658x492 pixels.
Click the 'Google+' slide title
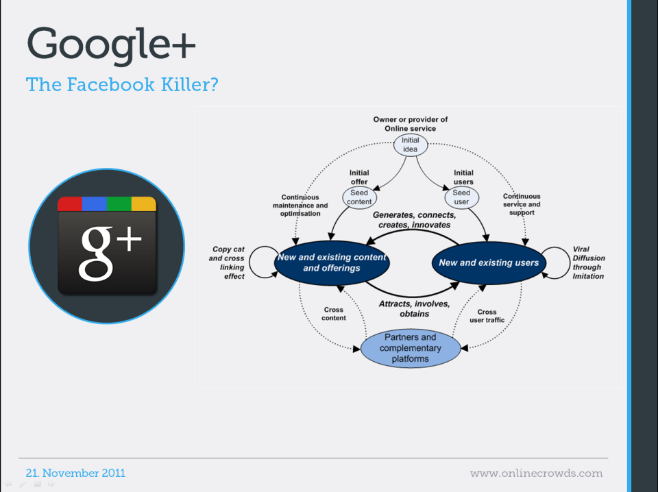111,45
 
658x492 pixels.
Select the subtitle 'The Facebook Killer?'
122,84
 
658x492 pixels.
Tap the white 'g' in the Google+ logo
96,254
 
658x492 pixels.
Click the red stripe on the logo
70,204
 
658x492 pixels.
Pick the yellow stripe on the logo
144,204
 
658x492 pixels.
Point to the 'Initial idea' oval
411,145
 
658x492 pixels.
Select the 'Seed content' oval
359,197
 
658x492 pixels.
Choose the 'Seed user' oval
461,197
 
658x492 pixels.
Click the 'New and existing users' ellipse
489,263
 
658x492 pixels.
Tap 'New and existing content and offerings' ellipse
332,263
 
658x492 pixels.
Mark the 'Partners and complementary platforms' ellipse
411,348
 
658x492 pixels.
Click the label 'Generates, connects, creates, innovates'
414,220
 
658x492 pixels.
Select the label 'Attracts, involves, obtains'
414,309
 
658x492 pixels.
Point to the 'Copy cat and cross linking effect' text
227,262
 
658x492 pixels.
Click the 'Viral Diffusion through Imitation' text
589,262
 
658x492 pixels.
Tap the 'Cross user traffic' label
487,316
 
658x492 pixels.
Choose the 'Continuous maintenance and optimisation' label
300,205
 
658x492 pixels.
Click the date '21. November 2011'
75,473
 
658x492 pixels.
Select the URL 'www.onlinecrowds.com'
536,473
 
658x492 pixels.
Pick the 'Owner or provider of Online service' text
411,124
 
